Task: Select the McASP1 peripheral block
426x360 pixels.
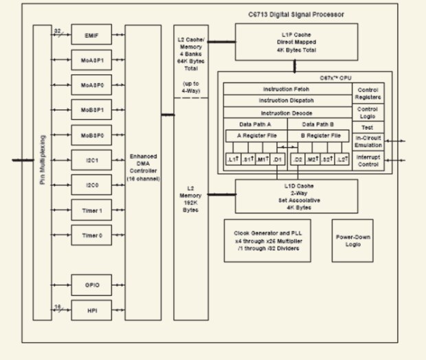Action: pos(91,59)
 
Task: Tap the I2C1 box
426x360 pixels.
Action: pos(91,159)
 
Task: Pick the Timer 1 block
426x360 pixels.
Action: pos(91,210)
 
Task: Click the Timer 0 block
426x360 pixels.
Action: pos(91,235)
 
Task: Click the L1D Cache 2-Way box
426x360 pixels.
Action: pos(296,196)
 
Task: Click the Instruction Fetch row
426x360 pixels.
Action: pos(287,90)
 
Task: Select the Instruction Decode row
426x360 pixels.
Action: pos(287,113)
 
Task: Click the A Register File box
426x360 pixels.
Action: pos(256,135)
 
